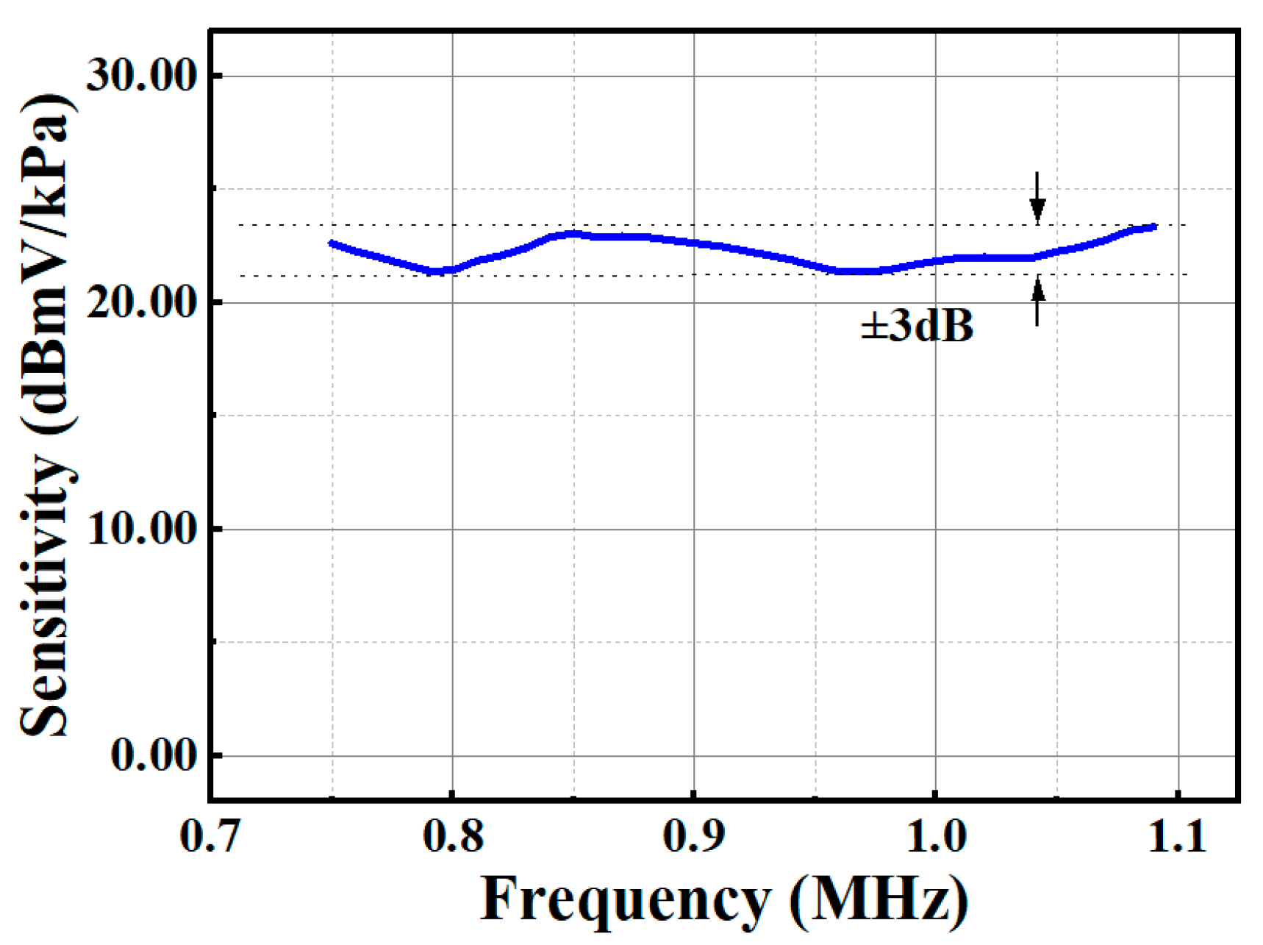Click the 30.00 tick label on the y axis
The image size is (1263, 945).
tap(142, 75)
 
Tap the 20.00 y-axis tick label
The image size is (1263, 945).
tap(142, 302)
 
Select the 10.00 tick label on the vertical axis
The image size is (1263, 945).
tap(142, 529)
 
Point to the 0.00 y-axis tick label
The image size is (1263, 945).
tap(154, 755)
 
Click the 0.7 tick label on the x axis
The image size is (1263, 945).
tap(210, 837)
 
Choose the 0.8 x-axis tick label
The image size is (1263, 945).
tap(453, 837)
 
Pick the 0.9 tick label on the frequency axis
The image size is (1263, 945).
tap(694, 837)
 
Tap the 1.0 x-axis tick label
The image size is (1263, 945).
tap(936, 837)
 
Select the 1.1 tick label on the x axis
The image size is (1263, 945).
tap(1177, 837)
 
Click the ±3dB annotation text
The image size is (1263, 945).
tap(917, 325)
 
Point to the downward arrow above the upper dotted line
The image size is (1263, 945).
tap(1037, 197)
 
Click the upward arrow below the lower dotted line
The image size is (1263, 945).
tap(1037, 302)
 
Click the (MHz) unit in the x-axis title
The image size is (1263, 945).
tap(879, 899)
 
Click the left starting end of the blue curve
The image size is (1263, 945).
tap(332, 243)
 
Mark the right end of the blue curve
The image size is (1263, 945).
tap(1155, 227)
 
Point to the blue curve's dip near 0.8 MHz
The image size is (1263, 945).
tap(439, 271)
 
